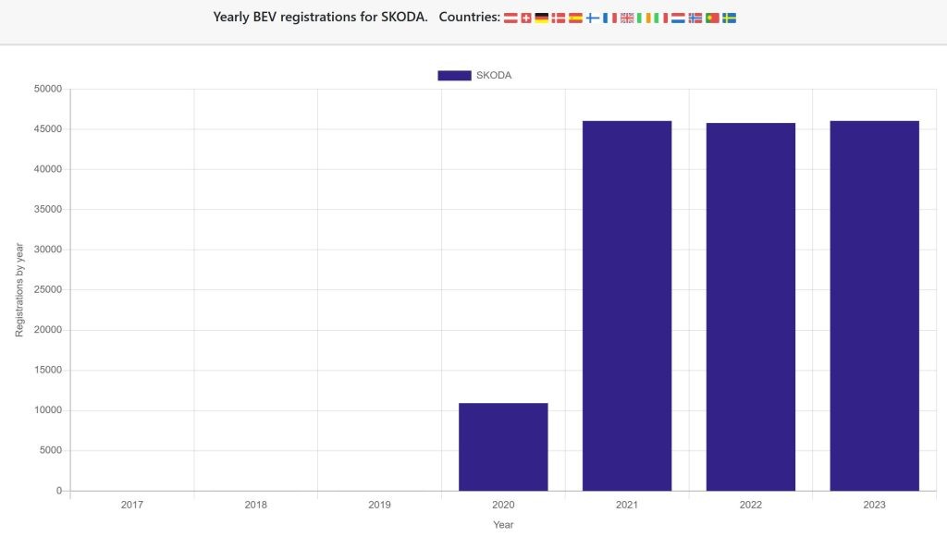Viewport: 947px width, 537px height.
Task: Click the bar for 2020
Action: coord(503,446)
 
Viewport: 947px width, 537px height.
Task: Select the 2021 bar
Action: coord(627,305)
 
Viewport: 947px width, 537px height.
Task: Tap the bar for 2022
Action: coord(750,306)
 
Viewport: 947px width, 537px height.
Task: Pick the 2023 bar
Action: coord(874,305)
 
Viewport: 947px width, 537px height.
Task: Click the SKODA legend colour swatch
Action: coord(454,76)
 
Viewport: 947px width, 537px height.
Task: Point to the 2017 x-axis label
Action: coord(132,505)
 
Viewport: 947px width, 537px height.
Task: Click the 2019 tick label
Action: coord(379,505)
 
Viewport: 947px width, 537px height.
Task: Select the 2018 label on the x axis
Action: coord(256,505)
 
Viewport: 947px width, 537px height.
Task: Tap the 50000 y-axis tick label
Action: coord(47,89)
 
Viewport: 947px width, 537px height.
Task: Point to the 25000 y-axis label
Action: coord(47,289)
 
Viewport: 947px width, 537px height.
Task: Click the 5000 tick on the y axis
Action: coord(50,450)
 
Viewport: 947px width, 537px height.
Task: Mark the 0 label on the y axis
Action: coord(58,491)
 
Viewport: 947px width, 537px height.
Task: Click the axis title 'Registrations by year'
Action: coord(20,289)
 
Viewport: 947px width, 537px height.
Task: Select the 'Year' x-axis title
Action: coord(503,525)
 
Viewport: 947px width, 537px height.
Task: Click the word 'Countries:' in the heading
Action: coord(469,18)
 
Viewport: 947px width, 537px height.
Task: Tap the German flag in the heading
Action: coord(542,18)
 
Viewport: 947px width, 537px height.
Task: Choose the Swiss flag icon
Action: coord(526,18)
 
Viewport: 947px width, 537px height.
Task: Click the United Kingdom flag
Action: coord(627,18)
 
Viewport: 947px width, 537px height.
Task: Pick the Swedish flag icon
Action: coord(729,18)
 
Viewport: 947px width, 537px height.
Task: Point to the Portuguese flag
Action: coord(712,18)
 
